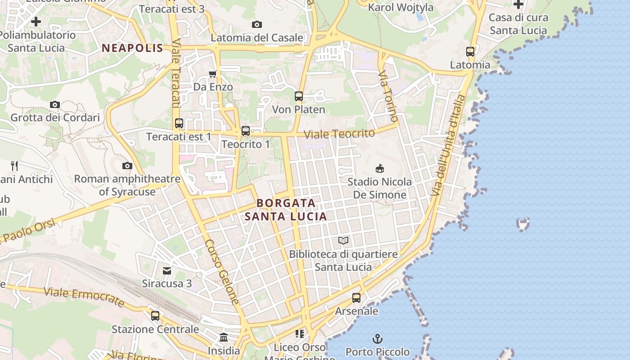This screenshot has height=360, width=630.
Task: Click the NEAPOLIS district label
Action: click(x=132, y=48)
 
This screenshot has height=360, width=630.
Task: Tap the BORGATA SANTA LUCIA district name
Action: click(x=286, y=210)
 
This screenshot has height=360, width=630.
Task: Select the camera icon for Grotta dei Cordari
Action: click(x=55, y=105)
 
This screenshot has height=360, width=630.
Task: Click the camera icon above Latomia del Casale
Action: click(x=257, y=25)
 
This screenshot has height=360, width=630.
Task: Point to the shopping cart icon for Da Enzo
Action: click(x=212, y=74)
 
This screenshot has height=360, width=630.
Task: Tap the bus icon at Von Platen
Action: click(x=298, y=96)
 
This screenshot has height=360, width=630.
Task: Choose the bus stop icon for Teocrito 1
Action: click(x=245, y=131)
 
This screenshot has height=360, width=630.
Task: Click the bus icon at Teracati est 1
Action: click(x=179, y=123)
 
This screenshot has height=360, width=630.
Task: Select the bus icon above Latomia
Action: click(x=470, y=52)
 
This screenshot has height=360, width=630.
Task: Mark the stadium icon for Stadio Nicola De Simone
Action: click(x=380, y=169)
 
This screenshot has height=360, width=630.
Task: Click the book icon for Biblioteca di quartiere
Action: click(x=343, y=241)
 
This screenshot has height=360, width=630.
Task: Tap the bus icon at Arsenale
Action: click(x=356, y=297)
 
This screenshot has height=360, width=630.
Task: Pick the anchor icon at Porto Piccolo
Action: click(x=377, y=338)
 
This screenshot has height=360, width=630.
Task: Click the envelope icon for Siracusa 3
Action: click(x=167, y=270)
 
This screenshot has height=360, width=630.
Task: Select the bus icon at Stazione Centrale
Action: click(x=155, y=315)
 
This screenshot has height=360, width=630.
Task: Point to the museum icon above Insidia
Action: click(x=224, y=337)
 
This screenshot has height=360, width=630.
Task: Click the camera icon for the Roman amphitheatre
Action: click(x=127, y=166)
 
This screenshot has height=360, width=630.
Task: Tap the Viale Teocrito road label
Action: click(x=339, y=134)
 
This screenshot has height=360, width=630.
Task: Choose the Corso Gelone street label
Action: click(x=222, y=272)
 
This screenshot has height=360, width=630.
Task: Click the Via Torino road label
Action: click(x=388, y=96)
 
